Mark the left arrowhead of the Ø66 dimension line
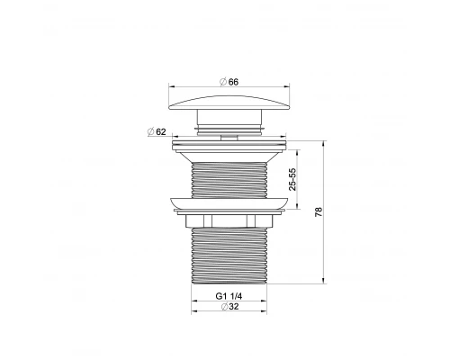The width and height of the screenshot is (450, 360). tap(174, 88)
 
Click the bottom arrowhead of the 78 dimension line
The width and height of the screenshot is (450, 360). tap(324, 280)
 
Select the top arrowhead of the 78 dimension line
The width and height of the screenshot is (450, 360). tap(324, 142)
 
